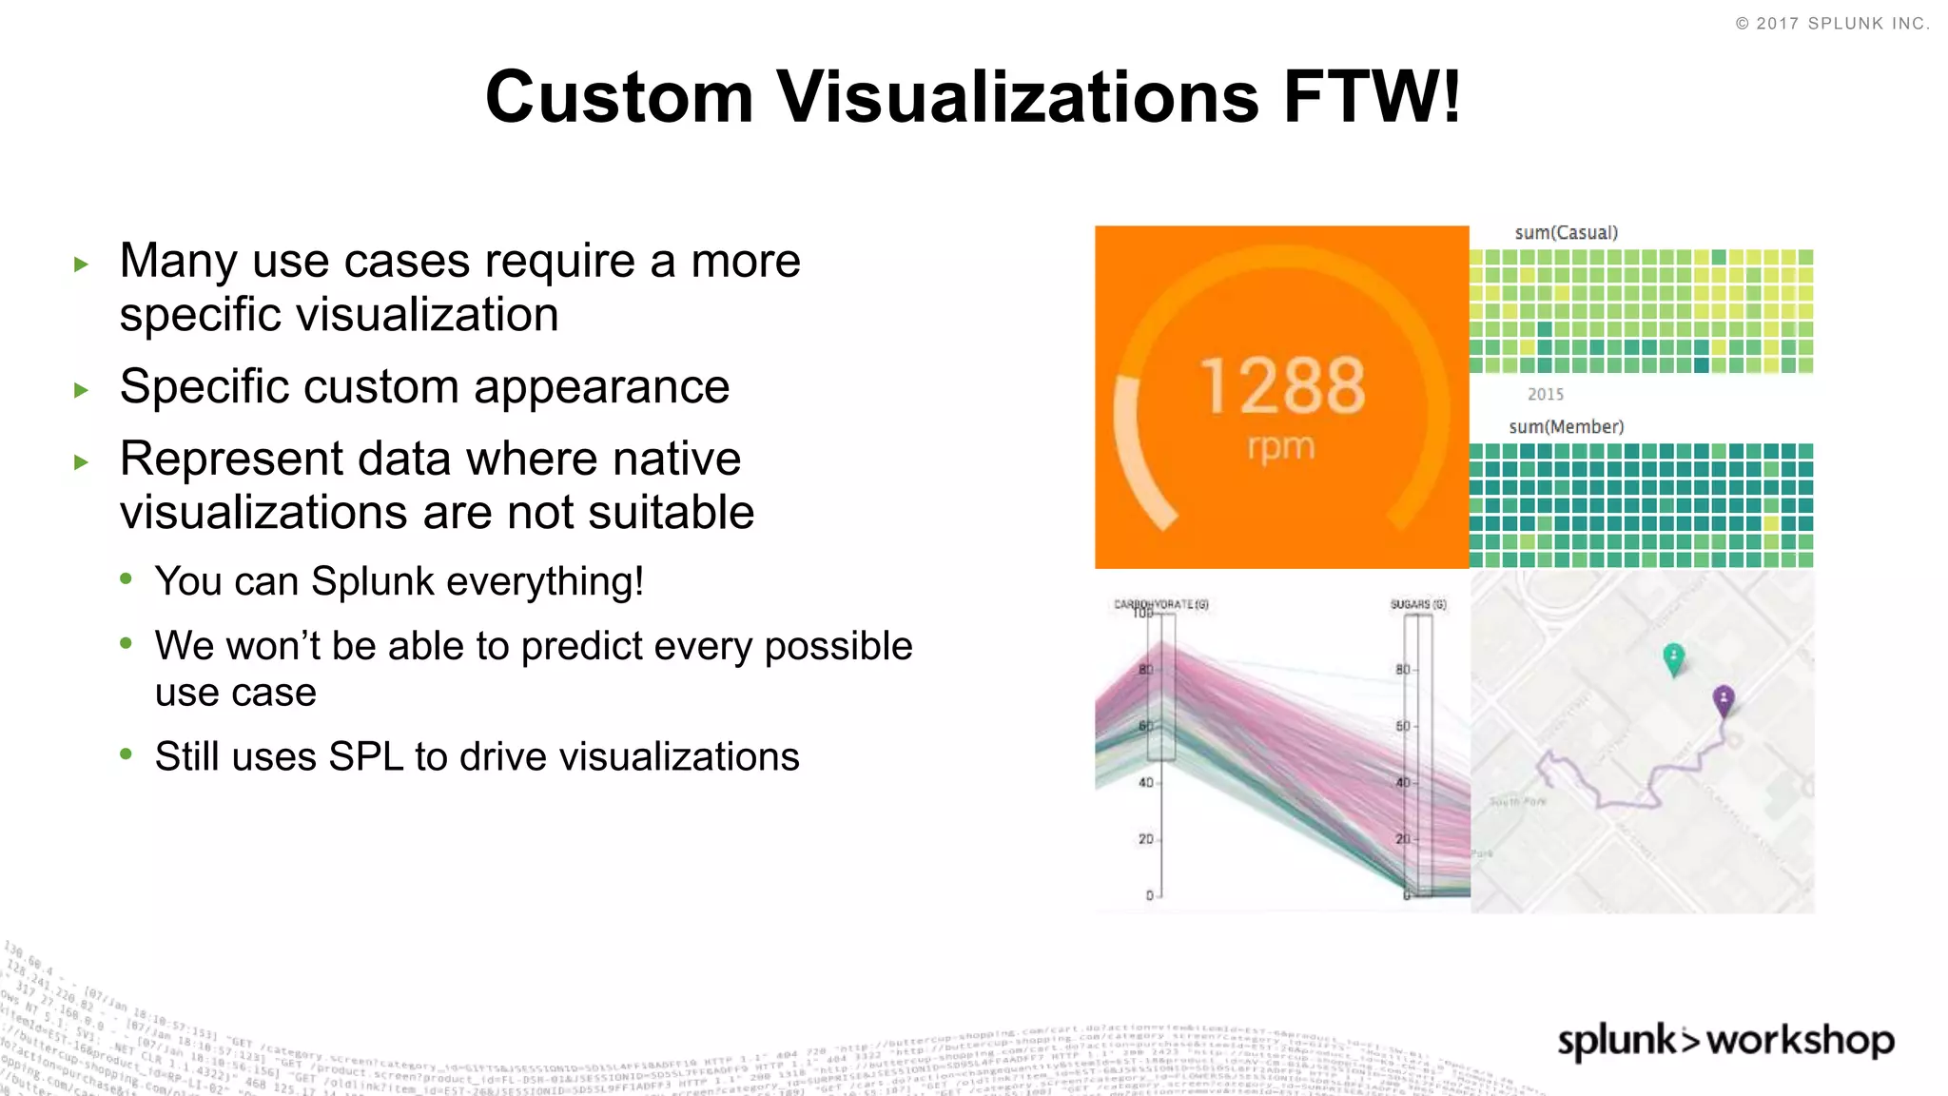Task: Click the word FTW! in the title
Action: click(x=1372, y=97)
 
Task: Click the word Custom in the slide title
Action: click(x=619, y=97)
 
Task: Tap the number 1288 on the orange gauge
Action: click(x=1282, y=385)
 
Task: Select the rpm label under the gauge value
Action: click(x=1281, y=446)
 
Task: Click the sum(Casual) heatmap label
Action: click(x=1566, y=233)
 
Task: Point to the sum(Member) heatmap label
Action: click(x=1566, y=427)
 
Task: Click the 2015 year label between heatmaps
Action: click(x=1545, y=394)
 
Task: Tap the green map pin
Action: click(x=1673, y=657)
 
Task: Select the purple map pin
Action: click(x=1723, y=699)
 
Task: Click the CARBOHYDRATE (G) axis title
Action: click(x=1160, y=604)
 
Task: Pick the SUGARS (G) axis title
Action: click(x=1417, y=604)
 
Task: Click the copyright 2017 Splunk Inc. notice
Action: click(x=1832, y=24)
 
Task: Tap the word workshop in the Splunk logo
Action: click(x=1801, y=1040)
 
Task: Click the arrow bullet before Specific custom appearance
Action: click(x=82, y=389)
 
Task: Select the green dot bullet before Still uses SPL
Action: click(x=127, y=754)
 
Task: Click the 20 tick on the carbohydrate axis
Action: click(x=1145, y=839)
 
